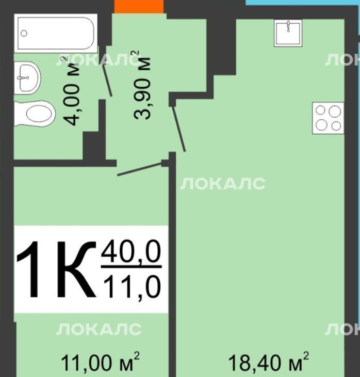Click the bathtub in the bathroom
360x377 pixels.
(56, 33)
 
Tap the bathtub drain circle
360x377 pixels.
(24, 33)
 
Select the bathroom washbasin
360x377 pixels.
(27, 77)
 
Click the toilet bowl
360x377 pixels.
(35, 113)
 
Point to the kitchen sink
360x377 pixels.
(288, 33)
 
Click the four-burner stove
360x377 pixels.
(328, 118)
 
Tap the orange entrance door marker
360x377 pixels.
(139, 7)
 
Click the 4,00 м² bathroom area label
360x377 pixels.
(72, 91)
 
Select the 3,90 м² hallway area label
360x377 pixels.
(142, 85)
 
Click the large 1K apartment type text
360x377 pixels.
(56, 269)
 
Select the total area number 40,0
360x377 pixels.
(131, 252)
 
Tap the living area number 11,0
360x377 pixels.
(132, 286)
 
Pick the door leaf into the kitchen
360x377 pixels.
(178, 129)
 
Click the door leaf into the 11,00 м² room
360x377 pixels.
(139, 169)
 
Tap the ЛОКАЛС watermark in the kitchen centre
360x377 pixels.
(223, 184)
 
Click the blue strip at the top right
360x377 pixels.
(303, 3)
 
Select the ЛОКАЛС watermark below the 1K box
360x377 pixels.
(99, 329)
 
